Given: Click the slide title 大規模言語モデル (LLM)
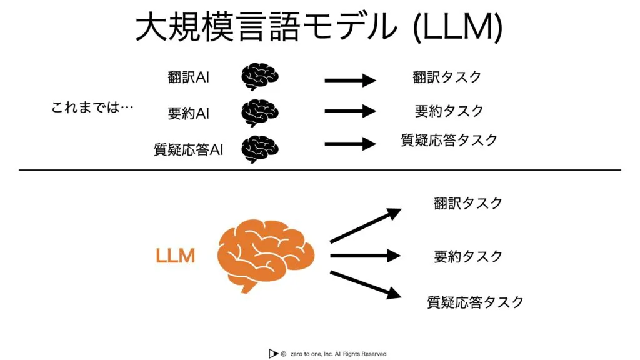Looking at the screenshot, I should (319, 27).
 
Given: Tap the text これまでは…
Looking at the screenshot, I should (92, 107).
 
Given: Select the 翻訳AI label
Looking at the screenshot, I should (188, 78).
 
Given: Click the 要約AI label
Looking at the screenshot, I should (188, 114).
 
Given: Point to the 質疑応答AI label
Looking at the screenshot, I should (188, 149).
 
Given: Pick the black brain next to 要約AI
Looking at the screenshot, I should (259, 112).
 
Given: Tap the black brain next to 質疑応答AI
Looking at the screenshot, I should (259, 148).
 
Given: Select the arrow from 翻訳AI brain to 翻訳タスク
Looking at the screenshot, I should (350, 80).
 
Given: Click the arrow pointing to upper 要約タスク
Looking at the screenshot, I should (350, 111).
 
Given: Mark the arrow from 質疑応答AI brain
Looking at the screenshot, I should (350, 143).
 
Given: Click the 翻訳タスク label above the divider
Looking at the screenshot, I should (447, 77).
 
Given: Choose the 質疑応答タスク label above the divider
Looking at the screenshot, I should (449, 140).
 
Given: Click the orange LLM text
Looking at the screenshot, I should (175, 256).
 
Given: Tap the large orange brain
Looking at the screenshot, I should (266, 254).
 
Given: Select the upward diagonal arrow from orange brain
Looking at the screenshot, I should (365, 226).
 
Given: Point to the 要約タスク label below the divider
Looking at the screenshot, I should (468, 256).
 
